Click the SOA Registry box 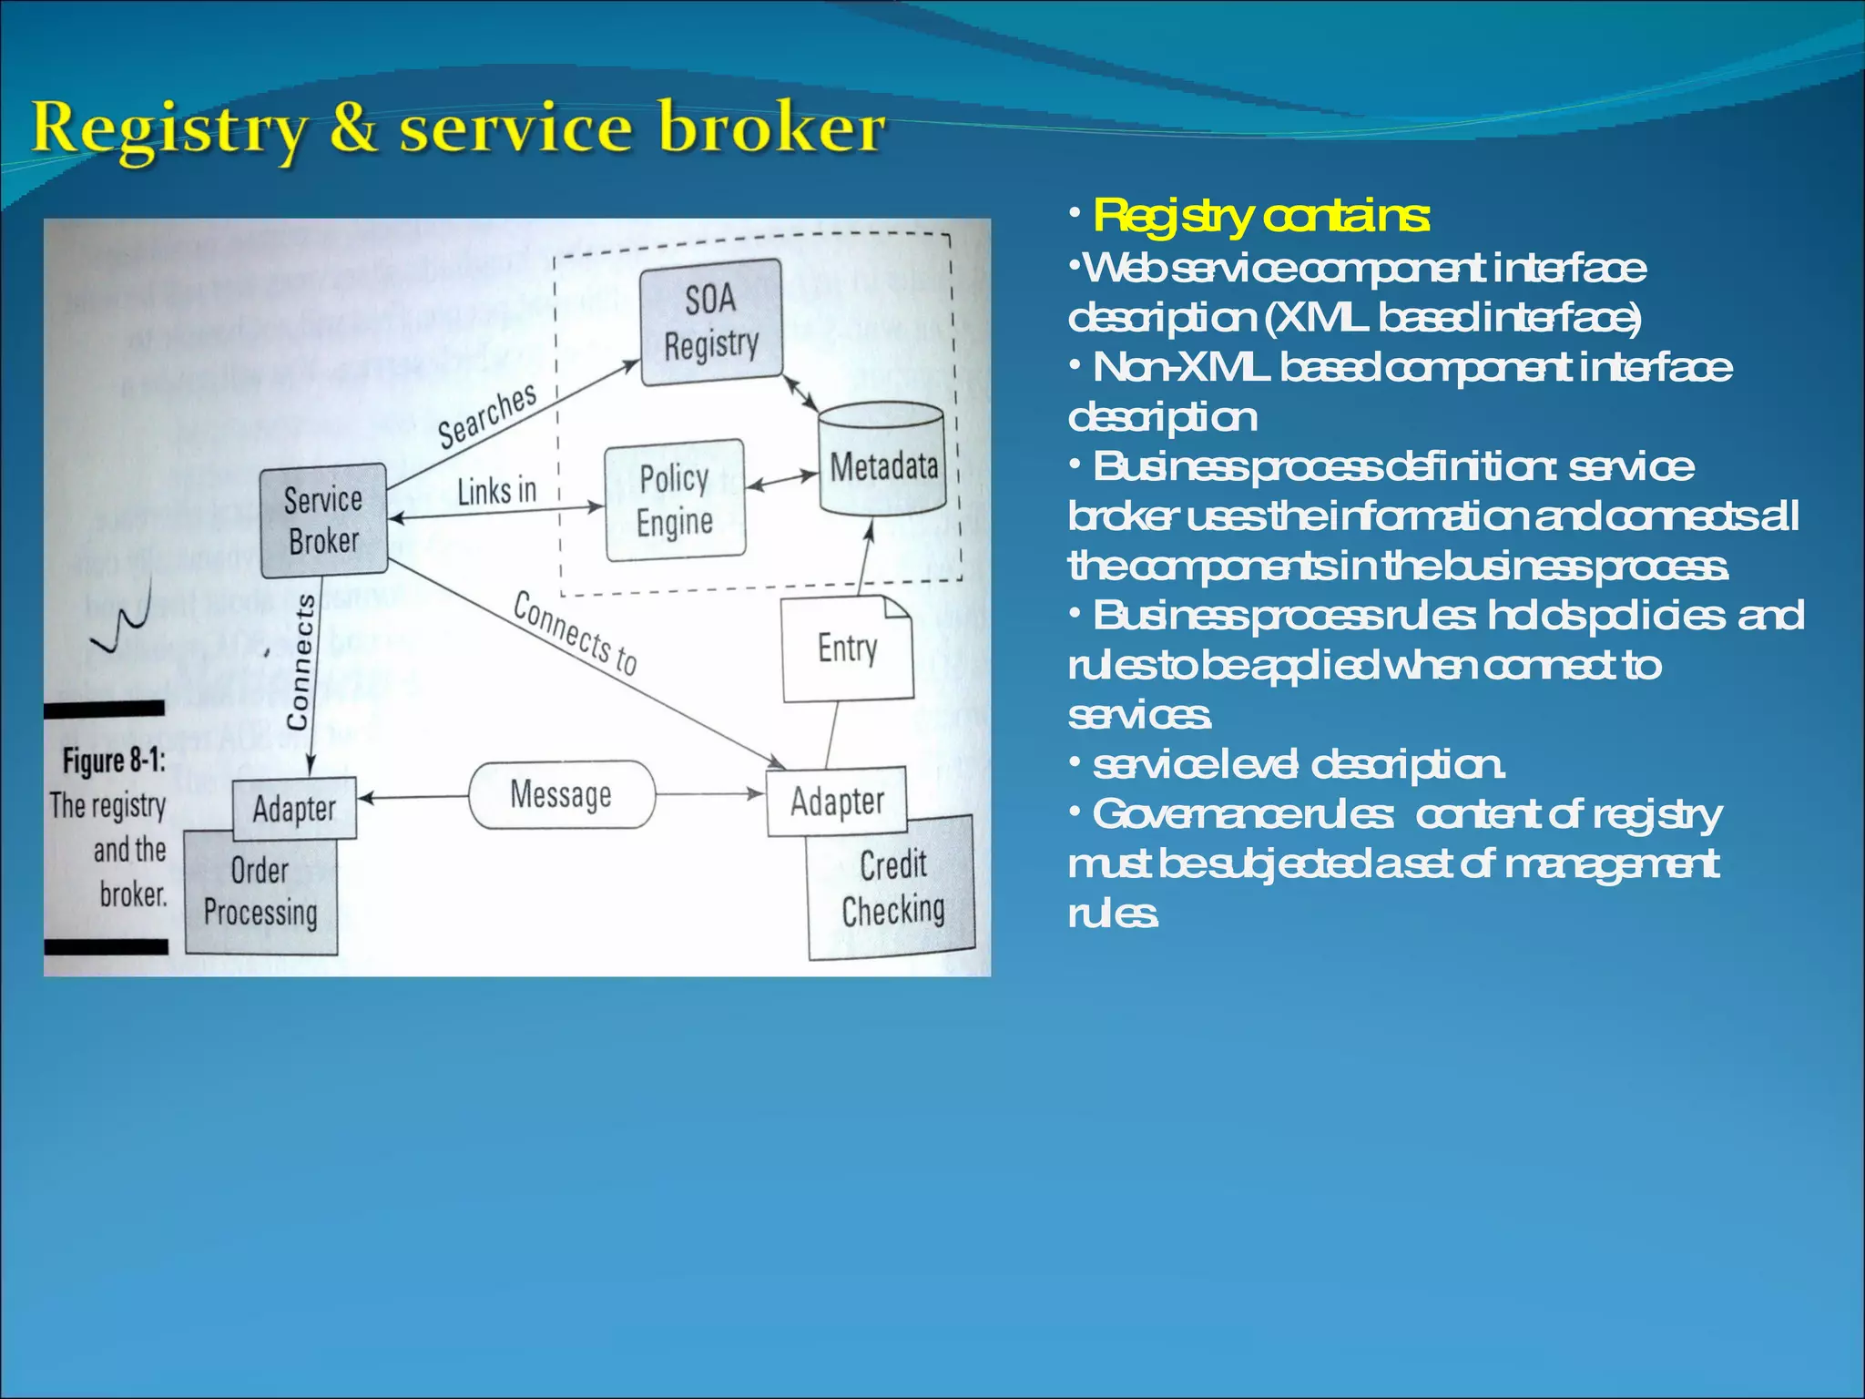tap(710, 322)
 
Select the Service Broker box tap(323, 520)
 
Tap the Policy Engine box tap(675, 500)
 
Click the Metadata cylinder tap(882, 461)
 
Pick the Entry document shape tap(847, 648)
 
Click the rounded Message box tap(561, 794)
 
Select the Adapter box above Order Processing tap(294, 808)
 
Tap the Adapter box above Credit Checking tap(837, 802)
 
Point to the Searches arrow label tap(487, 416)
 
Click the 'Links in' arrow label tap(496, 492)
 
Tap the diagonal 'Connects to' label tap(575, 633)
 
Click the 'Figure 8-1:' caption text tap(114, 761)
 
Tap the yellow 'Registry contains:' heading tap(1261, 217)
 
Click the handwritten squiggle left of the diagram tap(122, 619)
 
